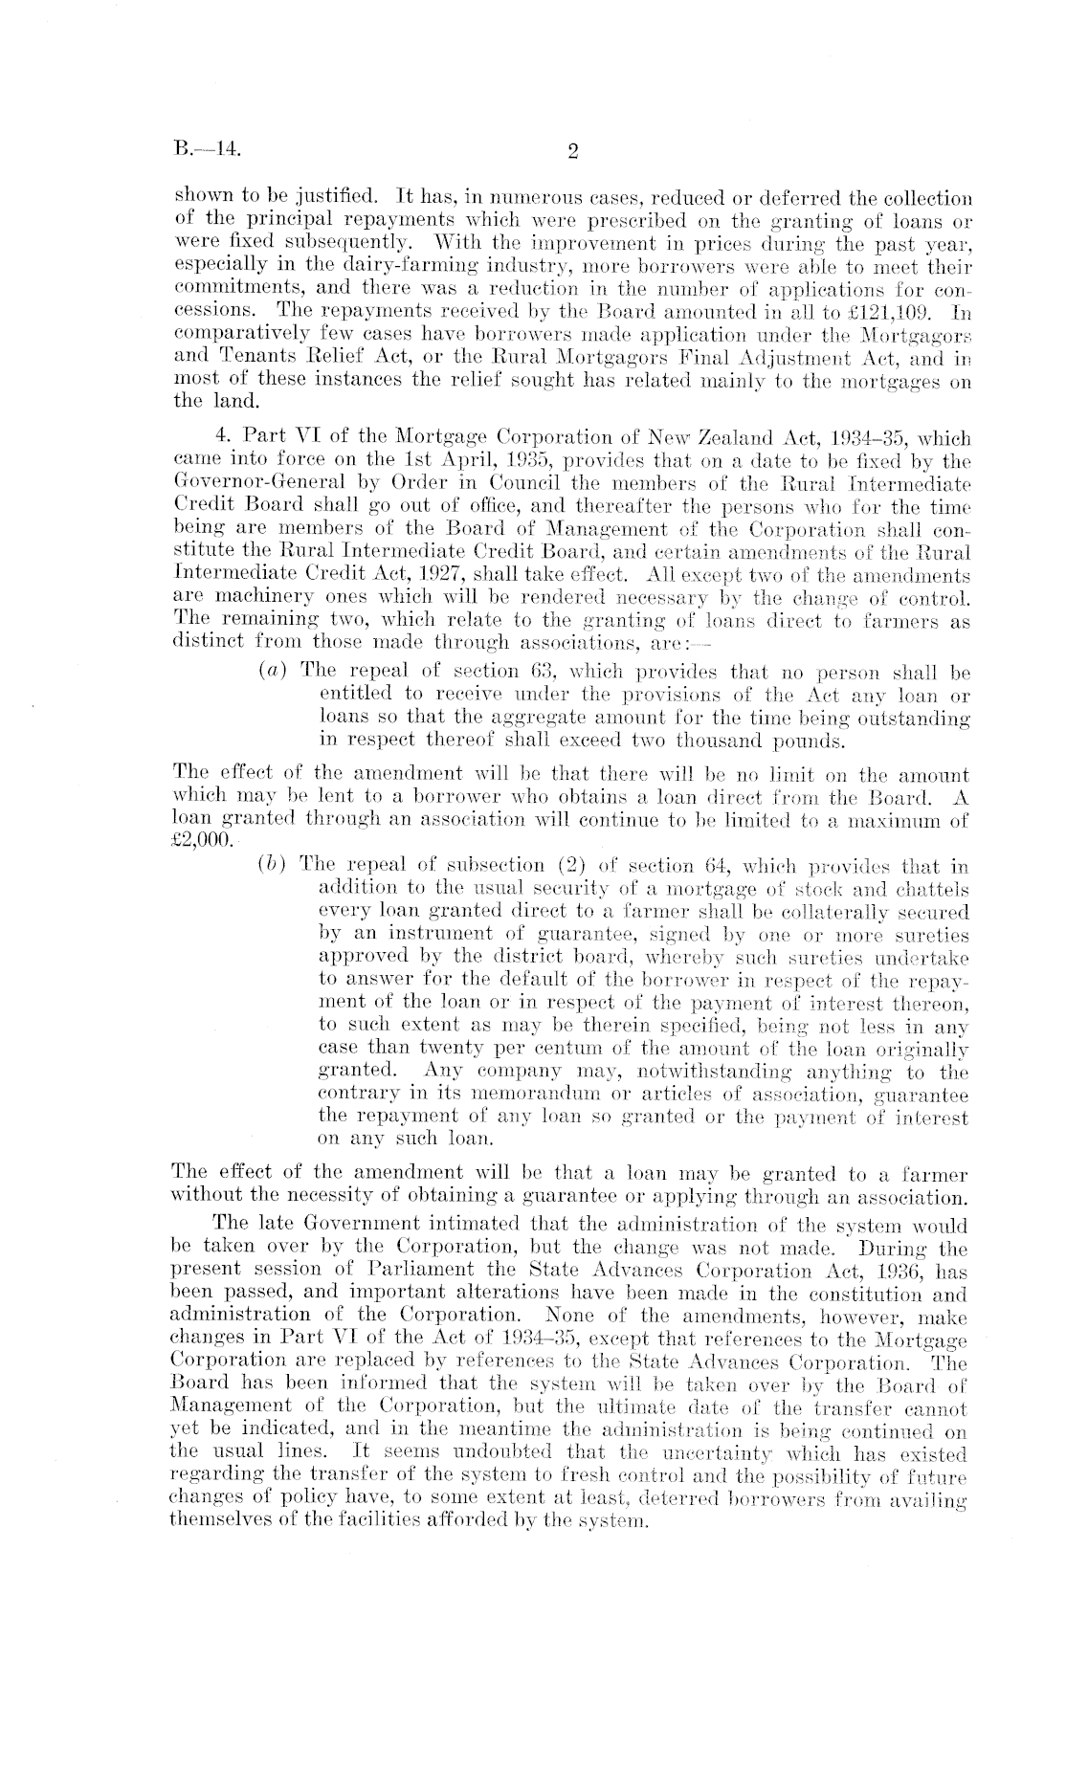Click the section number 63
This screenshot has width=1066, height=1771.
(x=542, y=672)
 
